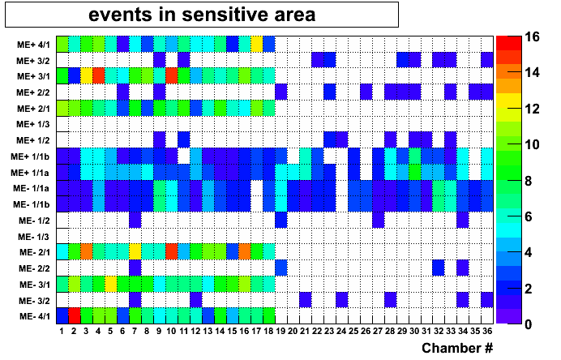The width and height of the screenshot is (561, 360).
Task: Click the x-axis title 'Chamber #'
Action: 456,348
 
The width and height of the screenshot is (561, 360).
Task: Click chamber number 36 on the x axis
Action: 487,331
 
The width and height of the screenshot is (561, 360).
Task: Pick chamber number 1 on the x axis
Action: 62,331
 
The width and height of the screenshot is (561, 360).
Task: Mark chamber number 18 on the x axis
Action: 268,331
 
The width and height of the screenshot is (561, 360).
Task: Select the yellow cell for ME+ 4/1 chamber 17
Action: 256,44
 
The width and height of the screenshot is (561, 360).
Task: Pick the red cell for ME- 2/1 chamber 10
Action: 172,251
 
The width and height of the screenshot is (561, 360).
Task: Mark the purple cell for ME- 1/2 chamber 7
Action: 135,220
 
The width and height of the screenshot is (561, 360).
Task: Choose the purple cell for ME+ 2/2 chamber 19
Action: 280,92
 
